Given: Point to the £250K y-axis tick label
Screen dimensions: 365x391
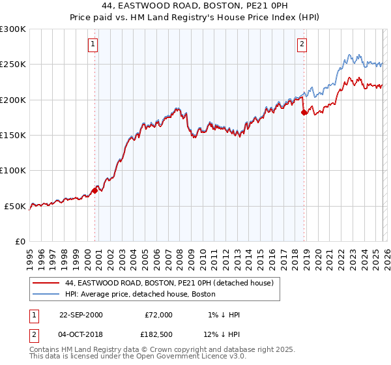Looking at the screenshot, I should point(13,65).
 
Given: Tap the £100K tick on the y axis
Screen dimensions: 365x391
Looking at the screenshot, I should point(13,171).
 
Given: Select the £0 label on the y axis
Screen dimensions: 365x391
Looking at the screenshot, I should point(20,242).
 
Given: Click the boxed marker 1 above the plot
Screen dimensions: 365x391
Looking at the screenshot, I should point(93,44).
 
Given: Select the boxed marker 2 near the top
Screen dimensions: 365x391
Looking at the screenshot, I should point(302,44).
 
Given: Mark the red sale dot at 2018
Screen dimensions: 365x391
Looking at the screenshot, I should point(304,112).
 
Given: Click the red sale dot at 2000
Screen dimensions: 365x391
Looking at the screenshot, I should point(95,190).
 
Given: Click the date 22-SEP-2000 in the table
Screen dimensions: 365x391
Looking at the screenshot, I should point(81,315).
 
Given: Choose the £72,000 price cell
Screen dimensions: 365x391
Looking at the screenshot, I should point(158,315).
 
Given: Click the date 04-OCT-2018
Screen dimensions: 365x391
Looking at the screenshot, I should point(81,334).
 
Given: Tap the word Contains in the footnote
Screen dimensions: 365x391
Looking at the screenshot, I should point(46,350).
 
